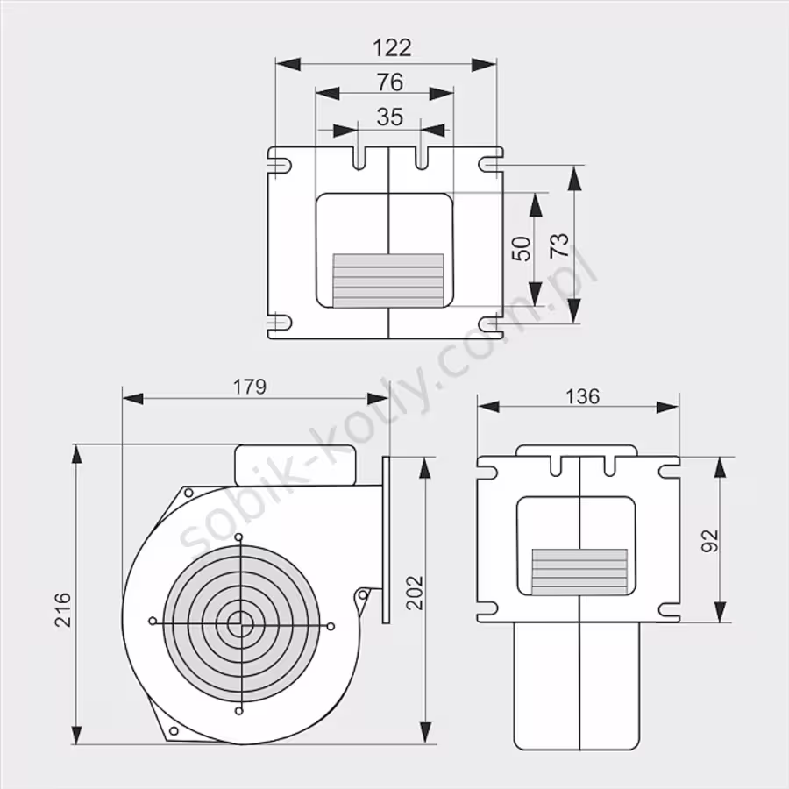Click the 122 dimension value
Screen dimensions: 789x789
coord(392,48)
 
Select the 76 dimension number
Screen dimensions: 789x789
coord(390,82)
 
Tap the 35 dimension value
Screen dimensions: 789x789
coord(390,117)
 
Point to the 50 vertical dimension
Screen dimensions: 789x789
coord(522,249)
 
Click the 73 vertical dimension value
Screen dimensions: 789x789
coord(559,246)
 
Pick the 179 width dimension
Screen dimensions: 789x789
coord(250,387)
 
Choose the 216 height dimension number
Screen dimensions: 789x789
coord(63,610)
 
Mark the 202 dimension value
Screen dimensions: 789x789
coord(415,593)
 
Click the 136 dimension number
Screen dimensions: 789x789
coord(583,396)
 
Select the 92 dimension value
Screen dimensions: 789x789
coord(710,541)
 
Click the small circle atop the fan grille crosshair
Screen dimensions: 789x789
coord(239,537)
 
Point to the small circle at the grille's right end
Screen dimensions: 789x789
coord(331,627)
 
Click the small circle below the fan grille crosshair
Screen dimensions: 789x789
coord(239,711)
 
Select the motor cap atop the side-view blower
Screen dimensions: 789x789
coord(295,465)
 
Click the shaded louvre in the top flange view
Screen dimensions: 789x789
coord(388,281)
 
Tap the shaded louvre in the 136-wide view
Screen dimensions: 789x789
coord(579,572)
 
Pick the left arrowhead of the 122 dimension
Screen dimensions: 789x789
coord(288,64)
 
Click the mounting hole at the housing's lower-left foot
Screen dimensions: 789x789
coord(174,730)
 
